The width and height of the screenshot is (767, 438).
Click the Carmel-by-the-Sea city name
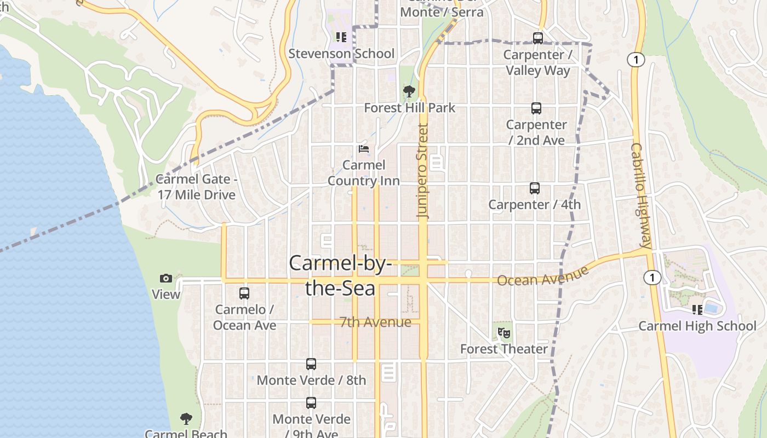[x=340, y=275]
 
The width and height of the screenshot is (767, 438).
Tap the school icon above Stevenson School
[x=341, y=37]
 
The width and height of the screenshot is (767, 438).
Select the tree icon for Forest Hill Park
[x=409, y=91]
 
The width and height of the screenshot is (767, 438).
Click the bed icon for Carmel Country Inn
[x=363, y=148]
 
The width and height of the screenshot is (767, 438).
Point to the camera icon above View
[x=166, y=279]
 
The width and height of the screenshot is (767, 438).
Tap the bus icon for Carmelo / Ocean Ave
[x=244, y=293]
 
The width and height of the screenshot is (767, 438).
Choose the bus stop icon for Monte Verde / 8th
[x=311, y=364]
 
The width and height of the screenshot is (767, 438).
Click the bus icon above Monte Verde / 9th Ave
[x=311, y=403]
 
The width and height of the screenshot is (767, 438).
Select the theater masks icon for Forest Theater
[x=504, y=332]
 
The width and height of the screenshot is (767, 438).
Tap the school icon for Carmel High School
[x=697, y=310]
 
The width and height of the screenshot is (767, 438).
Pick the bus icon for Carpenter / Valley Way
[x=538, y=38]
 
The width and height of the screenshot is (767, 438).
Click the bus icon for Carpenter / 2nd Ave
[x=536, y=108]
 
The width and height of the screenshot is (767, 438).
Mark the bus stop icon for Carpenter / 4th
[x=535, y=188]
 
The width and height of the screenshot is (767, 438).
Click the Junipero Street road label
[x=422, y=171]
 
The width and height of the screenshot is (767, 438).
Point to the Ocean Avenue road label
[x=542, y=275]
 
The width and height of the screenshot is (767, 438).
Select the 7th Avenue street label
[x=375, y=322]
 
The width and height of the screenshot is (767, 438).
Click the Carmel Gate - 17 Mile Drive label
[x=196, y=187]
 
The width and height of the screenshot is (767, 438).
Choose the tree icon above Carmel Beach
[x=186, y=419]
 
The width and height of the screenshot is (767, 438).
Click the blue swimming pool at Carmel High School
[x=711, y=308]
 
